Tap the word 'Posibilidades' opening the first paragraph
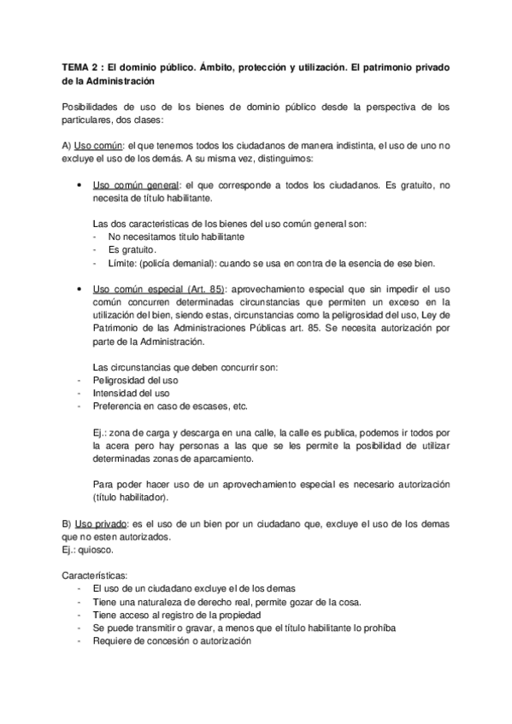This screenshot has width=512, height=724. click(x=90, y=108)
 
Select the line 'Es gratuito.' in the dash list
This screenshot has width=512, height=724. click(x=132, y=249)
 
